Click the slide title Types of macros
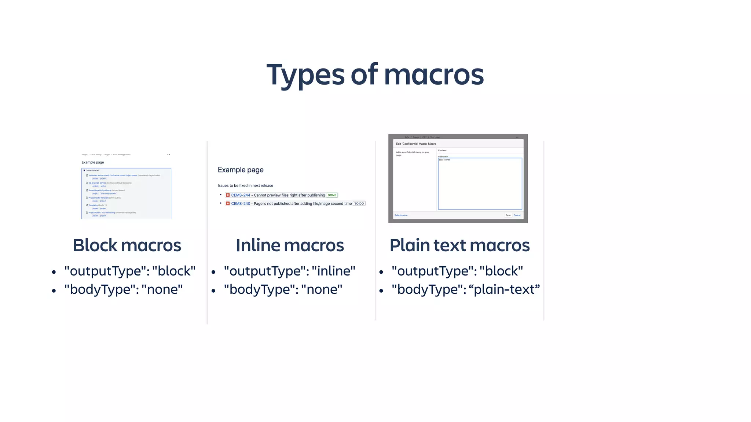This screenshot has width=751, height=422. [375, 75]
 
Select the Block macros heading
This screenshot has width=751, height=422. [127, 245]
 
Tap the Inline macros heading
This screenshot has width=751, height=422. [290, 245]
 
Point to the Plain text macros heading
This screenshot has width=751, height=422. [459, 245]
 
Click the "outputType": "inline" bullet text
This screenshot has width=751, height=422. [289, 271]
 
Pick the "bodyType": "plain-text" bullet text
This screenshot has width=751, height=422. [465, 289]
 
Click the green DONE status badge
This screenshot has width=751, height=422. [332, 195]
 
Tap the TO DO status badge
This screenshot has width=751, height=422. [359, 204]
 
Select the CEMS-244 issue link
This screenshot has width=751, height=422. [241, 195]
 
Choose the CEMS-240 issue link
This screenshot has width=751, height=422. [241, 204]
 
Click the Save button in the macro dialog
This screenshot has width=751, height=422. [508, 215]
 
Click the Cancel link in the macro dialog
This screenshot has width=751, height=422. [517, 215]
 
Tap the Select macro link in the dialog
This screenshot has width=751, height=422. [401, 215]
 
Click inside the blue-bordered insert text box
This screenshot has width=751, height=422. [480, 185]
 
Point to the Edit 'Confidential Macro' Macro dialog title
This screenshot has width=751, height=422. [416, 144]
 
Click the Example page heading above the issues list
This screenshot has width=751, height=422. [241, 170]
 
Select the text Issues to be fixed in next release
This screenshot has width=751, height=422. [245, 186]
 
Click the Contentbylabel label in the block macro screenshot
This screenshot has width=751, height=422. [92, 170]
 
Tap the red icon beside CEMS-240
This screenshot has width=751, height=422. [228, 204]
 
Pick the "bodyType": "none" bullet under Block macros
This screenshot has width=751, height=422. [123, 289]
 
